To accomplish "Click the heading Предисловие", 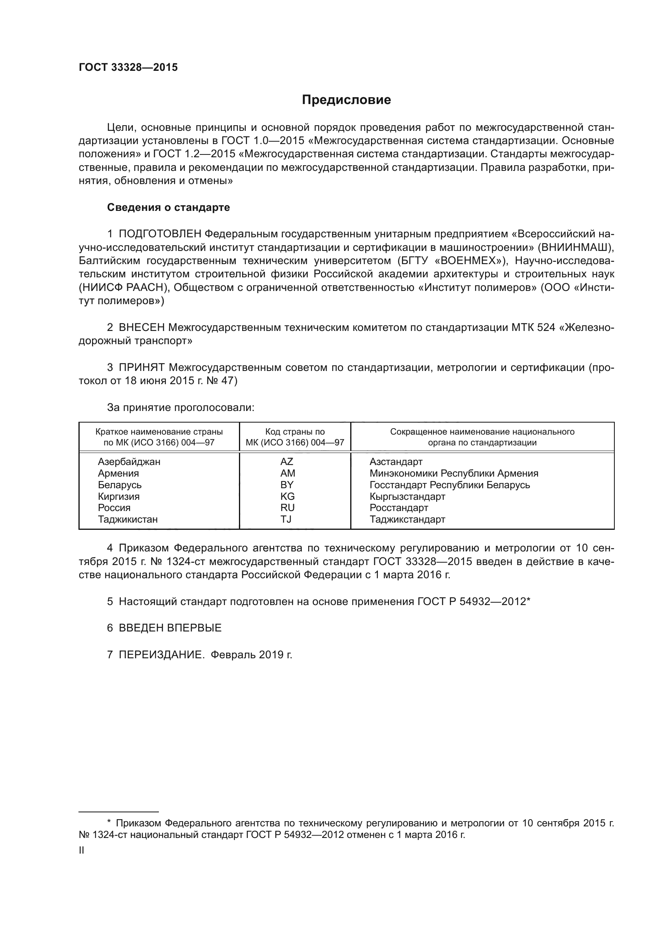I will coord(346,100).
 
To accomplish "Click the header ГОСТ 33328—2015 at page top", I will coord(128,68).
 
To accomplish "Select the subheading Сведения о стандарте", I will coord(169,208).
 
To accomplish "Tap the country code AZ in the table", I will coord(287,461).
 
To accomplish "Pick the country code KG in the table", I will coord(287,496).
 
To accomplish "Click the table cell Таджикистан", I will coord(128,519).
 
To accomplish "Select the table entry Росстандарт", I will coord(399,508).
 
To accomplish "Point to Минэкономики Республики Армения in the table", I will coord(454,473).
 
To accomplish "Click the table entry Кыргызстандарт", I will coord(407,497).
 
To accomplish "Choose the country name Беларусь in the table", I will coord(119,485).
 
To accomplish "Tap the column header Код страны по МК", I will coord(295,437).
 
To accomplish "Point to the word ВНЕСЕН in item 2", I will coord(141,327).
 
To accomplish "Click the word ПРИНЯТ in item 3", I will coord(141,367).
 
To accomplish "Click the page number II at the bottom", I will coord(81,850).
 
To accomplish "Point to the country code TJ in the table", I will coord(286,519).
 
